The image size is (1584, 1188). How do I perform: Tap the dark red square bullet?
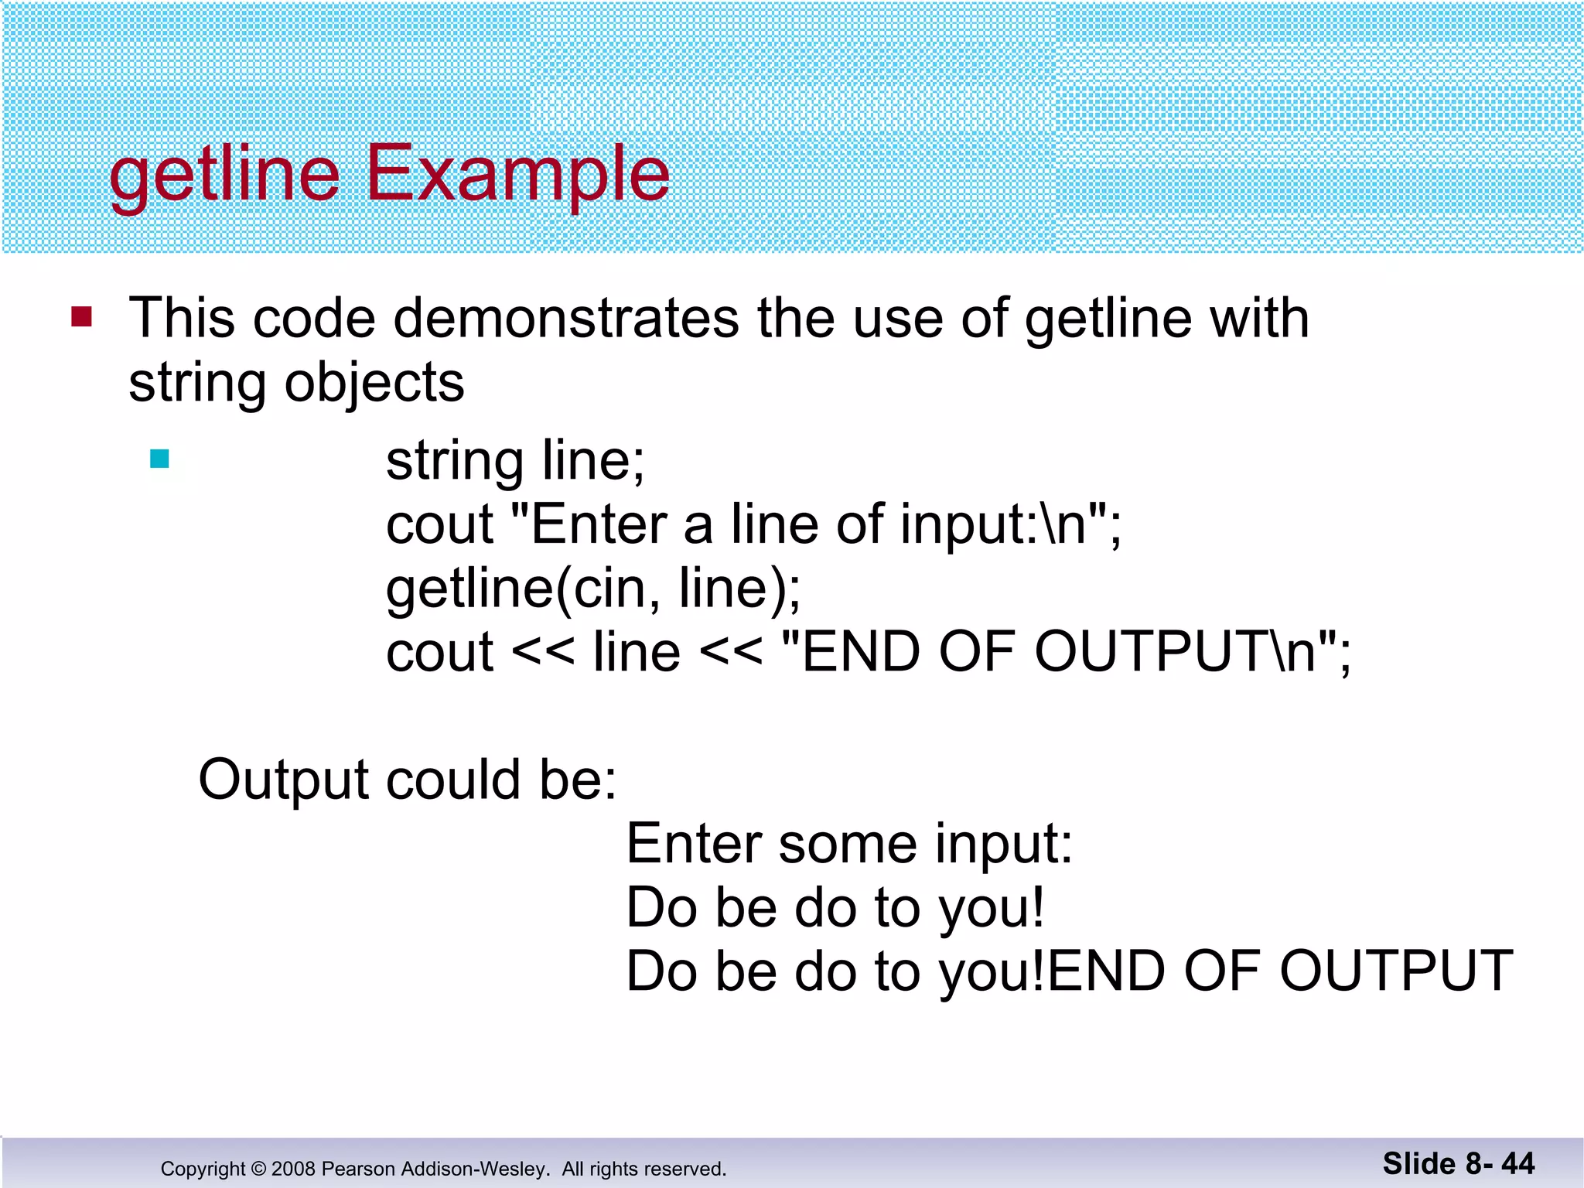[x=82, y=317]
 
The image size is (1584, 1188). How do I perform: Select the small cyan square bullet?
[x=159, y=459]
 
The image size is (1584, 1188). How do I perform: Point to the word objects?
[x=374, y=383]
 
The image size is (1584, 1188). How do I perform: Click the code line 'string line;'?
[x=515, y=461]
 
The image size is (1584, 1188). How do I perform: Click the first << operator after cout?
[x=543, y=653]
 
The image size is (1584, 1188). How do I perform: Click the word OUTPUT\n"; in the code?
[x=1192, y=652]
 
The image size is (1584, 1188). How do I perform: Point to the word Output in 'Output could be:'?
[x=283, y=780]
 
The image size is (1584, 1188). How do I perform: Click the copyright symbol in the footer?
[x=258, y=1169]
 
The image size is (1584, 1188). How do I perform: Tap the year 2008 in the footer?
[x=293, y=1169]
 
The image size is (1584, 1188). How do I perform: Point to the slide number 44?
[x=1517, y=1164]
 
